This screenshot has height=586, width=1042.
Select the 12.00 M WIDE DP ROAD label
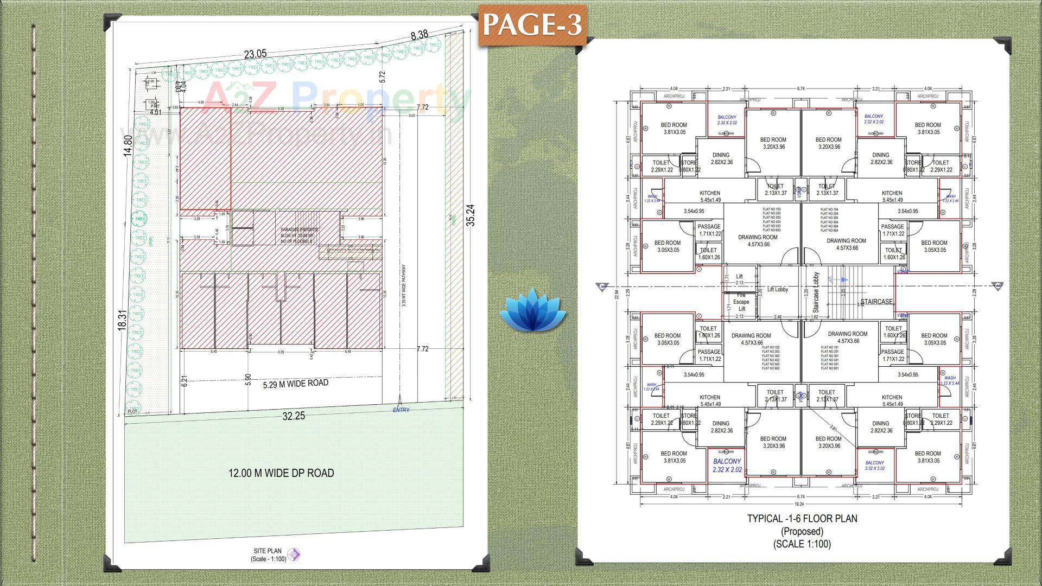[281, 473]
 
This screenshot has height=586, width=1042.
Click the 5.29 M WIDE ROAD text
[295, 384]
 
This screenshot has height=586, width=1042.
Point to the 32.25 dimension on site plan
[294, 416]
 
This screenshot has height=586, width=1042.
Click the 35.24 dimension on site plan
[471, 215]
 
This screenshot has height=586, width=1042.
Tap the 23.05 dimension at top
[255, 54]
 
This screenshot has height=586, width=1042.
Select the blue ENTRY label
[401, 410]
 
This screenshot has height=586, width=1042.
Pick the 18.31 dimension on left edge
[122, 320]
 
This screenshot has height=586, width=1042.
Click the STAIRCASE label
[876, 302]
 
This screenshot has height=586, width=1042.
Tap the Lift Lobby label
[777, 290]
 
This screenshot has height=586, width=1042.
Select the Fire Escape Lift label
[741, 302]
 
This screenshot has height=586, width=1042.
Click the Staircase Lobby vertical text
[816, 292]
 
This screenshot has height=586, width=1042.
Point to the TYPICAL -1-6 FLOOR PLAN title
[802, 519]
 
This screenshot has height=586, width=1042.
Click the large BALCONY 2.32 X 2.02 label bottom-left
[727, 466]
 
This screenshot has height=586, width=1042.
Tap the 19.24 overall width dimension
[799, 504]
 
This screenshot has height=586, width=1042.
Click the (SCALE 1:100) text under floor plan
[802, 544]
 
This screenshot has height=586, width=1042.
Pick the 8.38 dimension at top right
[419, 35]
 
